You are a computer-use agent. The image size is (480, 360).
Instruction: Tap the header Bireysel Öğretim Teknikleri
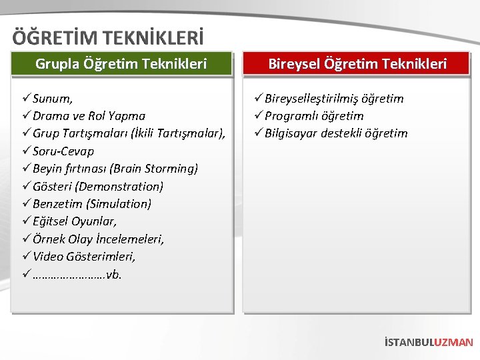click(x=357, y=64)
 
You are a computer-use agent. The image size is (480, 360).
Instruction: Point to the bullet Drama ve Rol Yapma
click(x=89, y=116)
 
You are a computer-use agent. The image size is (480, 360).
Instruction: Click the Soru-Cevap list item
click(x=63, y=151)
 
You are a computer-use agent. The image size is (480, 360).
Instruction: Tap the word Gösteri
click(x=53, y=186)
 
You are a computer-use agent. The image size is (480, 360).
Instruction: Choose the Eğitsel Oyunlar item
click(x=75, y=221)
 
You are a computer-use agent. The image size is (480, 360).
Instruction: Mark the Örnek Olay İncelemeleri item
click(x=98, y=239)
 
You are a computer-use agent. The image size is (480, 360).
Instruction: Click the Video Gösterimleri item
click(x=84, y=256)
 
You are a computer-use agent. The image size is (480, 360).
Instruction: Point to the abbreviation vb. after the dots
click(x=114, y=274)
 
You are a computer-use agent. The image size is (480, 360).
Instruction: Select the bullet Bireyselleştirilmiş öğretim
click(x=334, y=99)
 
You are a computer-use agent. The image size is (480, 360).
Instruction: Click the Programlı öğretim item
click(x=314, y=116)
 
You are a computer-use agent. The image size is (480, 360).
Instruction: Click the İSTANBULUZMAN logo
click(x=429, y=342)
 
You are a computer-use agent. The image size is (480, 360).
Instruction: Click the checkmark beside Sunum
click(x=26, y=99)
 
